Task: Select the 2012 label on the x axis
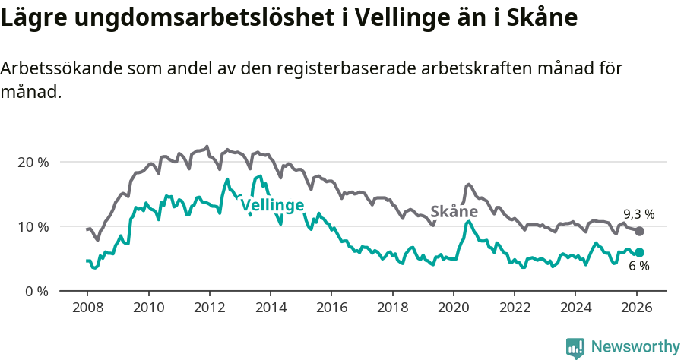click(209, 308)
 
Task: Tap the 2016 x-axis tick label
click(331, 308)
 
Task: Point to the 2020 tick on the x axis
click(454, 308)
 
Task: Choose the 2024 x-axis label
click(575, 308)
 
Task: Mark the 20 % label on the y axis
click(33, 162)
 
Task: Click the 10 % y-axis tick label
click(33, 226)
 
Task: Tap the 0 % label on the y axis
click(36, 291)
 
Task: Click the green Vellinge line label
click(272, 204)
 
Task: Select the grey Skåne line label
click(454, 211)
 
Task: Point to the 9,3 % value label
click(639, 214)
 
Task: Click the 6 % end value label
click(639, 266)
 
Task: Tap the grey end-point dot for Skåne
click(639, 231)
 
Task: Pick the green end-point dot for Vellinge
click(639, 252)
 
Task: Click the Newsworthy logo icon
click(575, 347)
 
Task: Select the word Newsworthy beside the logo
click(635, 347)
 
